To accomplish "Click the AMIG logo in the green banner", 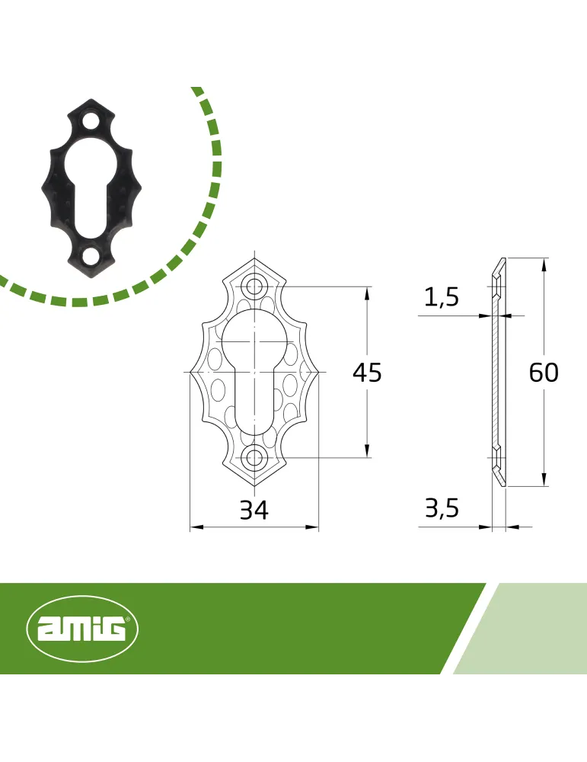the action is pos(82,629).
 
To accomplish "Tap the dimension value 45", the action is pos(367,373).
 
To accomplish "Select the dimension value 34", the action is pos(254,511).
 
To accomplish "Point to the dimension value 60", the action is pos(544,373).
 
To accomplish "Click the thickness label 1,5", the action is pos(442,297).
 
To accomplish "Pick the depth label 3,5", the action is pos(442,509).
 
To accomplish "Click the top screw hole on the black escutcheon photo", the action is pos(91,120).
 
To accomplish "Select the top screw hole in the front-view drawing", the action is pos(254,287).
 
